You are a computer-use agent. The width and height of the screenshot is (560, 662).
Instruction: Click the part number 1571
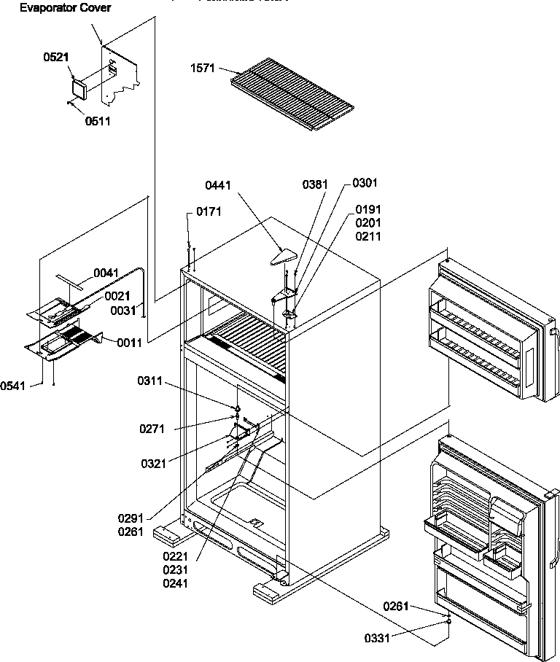tap(202, 69)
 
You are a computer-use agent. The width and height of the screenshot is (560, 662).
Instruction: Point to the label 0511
tap(97, 121)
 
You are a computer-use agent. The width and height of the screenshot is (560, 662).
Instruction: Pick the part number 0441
tap(218, 186)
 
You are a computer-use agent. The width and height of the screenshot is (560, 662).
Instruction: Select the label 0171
tap(208, 211)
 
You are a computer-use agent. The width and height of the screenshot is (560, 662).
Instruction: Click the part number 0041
tap(106, 272)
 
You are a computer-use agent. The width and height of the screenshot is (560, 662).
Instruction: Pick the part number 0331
tap(377, 638)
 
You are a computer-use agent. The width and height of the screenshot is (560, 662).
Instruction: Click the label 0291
tap(130, 518)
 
